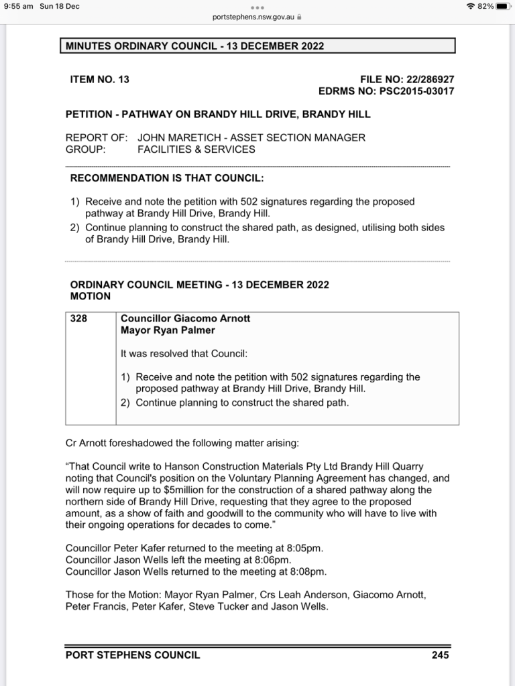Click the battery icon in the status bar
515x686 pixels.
[504, 6]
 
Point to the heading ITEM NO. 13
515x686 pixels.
[99, 79]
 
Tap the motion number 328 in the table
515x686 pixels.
[78, 319]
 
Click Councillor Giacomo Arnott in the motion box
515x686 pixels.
[185, 319]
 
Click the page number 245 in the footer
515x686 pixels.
[440, 655]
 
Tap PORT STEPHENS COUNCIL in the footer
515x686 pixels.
[133, 655]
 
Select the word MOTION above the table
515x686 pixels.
[91, 295]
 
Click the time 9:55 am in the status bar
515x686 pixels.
[18, 6]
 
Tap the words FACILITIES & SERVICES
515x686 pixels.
[196, 149]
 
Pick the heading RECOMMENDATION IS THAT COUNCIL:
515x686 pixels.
[167, 178]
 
